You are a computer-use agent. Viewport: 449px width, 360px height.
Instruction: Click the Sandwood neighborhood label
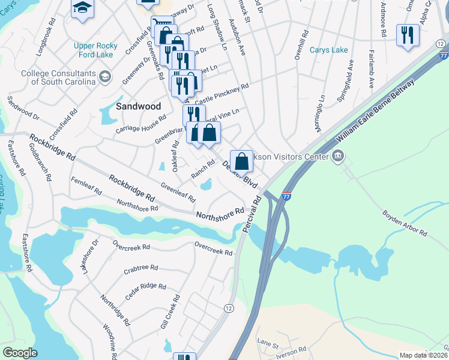[x=138, y=106]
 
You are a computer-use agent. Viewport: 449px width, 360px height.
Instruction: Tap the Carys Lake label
[x=329, y=50]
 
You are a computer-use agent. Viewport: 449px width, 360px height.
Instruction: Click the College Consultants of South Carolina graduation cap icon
[x=106, y=76]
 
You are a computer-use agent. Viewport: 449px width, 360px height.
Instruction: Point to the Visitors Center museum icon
[x=337, y=157]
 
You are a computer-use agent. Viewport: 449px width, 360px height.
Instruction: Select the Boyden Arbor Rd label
[x=406, y=223]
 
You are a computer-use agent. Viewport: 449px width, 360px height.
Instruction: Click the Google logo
[x=20, y=353]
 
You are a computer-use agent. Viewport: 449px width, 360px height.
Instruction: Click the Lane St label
[x=268, y=344]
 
